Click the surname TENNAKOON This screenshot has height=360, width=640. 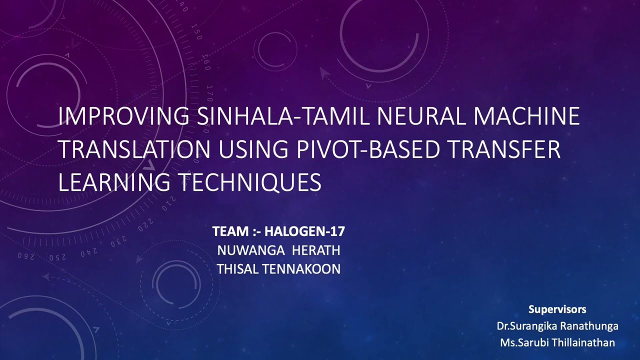[x=301, y=269]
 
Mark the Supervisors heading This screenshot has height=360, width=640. [x=557, y=309]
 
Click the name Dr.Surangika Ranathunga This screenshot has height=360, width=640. [x=557, y=326]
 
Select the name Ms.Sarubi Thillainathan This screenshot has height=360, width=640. [x=557, y=343]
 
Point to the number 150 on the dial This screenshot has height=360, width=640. [x=196, y=34]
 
